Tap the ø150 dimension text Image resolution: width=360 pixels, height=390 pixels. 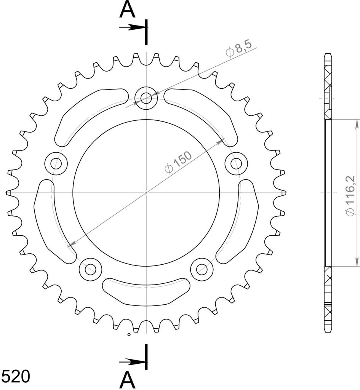[178, 162]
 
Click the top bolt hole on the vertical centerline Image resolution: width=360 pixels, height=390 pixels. [146, 98]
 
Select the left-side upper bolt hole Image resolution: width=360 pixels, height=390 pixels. [56, 163]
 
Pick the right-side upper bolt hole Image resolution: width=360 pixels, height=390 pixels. [236, 163]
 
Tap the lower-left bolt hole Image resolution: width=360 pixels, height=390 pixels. [90, 269]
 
